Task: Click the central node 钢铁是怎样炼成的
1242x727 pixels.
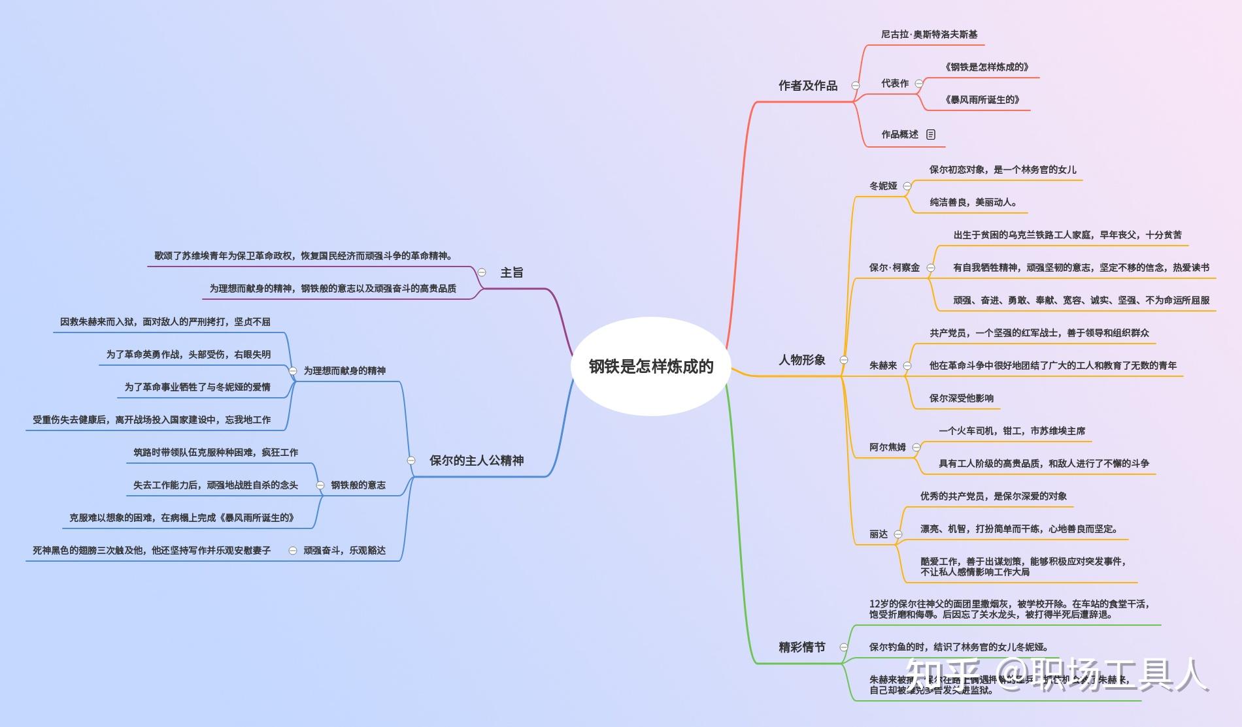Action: click(x=650, y=366)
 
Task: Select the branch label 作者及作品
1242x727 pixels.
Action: click(x=807, y=86)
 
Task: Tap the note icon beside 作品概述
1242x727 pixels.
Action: click(x=931, y=135)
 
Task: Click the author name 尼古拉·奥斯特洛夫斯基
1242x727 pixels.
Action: click(x=928, y=35)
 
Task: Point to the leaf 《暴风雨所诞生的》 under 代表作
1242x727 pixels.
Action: click(x=982, y=100)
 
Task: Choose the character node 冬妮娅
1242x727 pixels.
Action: click(x=883, y=186)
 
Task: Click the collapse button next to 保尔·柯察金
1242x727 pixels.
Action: click(x=931, y=268)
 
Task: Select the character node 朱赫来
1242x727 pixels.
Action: click(x=883, y=366)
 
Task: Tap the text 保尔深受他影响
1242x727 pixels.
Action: click(x=961, y=398)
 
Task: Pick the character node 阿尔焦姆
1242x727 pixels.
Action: click(x=887, y=447)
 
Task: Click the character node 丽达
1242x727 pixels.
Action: click(x=879, y=534)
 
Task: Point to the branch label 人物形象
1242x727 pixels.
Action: click(x=802, y=360)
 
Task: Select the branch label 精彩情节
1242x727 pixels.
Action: click(x=802, y=647)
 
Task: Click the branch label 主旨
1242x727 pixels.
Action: click(x=512, y=273)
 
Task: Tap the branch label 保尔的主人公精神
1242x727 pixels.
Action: click(x=477, y=460)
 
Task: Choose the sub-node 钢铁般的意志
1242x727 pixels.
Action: click(x=358, y=485)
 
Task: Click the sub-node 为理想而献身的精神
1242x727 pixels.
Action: click(x=344, y=371)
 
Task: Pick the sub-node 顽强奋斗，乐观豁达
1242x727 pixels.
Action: click(x=344, y=551)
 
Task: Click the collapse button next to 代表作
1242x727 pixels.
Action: click(x=919, y=84)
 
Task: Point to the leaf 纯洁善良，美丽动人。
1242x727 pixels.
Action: click(x=973, y=202)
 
